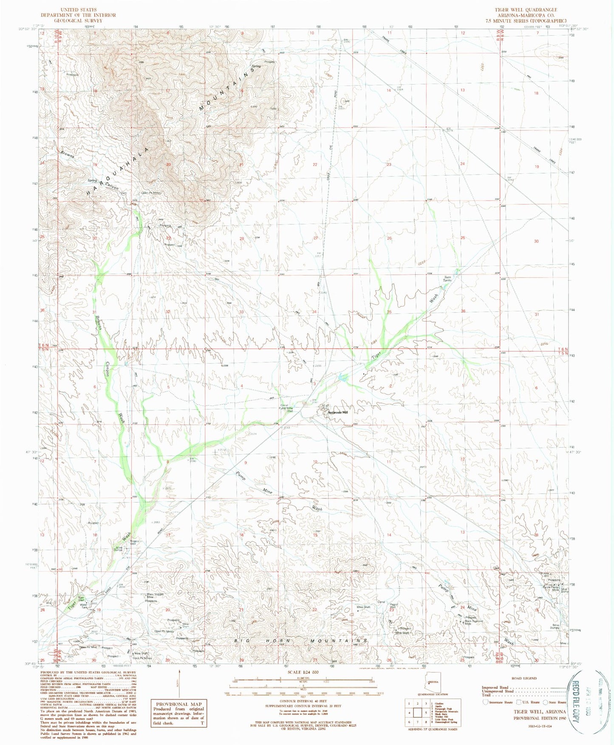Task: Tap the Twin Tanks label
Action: (x=447, y=279)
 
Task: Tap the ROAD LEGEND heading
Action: (x=524, y=678)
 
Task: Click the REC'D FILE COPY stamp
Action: (x=575, y=703)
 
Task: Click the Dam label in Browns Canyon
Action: (x=124, y=192)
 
